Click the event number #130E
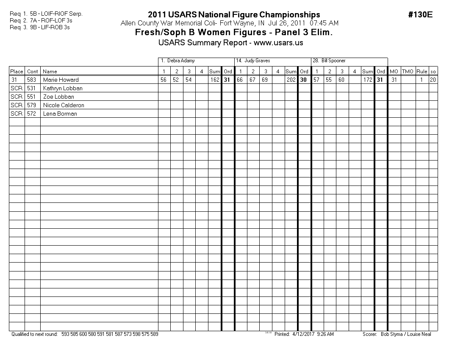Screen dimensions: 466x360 pyautogui.click(x=420, y=15)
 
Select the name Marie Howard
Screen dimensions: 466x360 pyautogui.click(x=61, y=80)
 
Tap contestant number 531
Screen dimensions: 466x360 pyautogui.click(x=32, y=88)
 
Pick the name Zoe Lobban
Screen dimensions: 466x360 pyautogui.click(x=58, y=97)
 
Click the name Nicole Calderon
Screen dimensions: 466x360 pyautogui.click(x=64, y=105)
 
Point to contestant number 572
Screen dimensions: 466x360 pyautogui.click(x=32, y=114)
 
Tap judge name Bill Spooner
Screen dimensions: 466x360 pyautogui.click(x=329, y=61)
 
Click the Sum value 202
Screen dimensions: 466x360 pyautogui.click(x=291, y=80)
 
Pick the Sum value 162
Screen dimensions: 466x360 pyautogui.click(x=215, y=80)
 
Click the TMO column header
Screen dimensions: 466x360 pyautogui.click(x=408, y=72)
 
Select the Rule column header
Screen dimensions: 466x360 pyautogui.click(x=422, y=72)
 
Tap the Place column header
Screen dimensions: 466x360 pyautogui.click(x=17, y=72)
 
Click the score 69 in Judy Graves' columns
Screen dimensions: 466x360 pyautogui.click(x=266, y=80)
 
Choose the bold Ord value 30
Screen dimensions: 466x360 pyautogui.click(x=304, y=80)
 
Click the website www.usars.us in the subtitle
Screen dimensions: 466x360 pyautogui.click(x=278, y=43)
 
